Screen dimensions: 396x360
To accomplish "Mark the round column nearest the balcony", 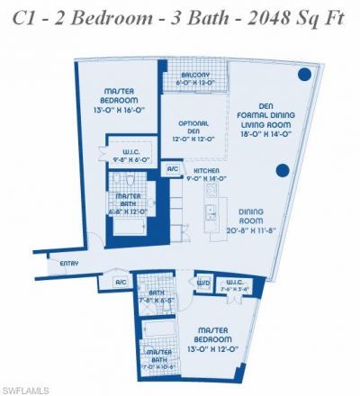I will click(x=306, y=74).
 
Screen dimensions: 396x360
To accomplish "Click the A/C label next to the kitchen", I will click(x=171, y=169).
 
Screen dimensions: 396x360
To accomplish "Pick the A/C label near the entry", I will click(x=121, y=283).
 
